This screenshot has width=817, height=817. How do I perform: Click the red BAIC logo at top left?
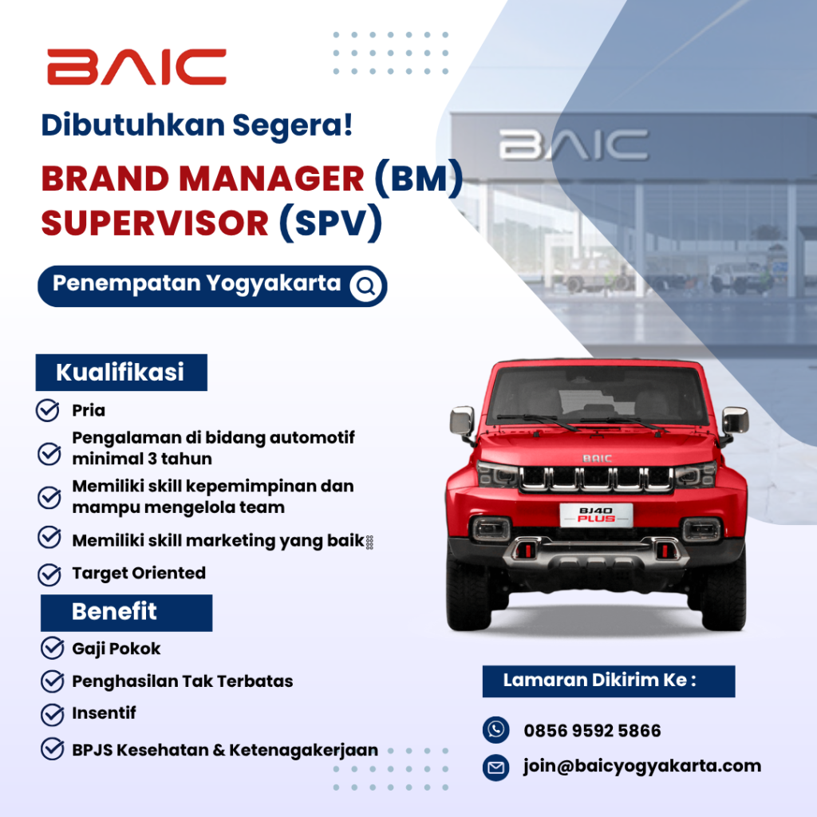(x=136, y=67)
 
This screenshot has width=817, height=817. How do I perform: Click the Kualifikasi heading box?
(x=121, y=372)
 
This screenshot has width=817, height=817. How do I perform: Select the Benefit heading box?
(x=126, y=612)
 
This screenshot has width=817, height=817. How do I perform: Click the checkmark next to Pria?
(x=47, y=411)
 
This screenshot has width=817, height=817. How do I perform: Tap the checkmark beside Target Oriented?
(x=49, y=574)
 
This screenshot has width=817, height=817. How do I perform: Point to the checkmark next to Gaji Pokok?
(x=53, y=648)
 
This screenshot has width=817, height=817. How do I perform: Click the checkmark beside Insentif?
(x=53, y=714)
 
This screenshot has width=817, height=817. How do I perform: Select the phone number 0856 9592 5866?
(x=592, y=731)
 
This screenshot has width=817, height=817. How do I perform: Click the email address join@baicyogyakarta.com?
(x=642, y=767)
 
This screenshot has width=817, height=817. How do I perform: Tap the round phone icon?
(x=495, y=729)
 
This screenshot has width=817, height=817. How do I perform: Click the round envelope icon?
(x=495, y=768)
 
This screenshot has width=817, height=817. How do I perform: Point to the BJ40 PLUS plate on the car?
(x=596, y=515)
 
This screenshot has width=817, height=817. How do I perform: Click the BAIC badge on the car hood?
(x=597, y=459)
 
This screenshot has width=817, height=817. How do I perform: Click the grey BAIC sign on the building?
(x=573, y=145)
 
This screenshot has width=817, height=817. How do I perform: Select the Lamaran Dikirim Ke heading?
(x=609, y=681)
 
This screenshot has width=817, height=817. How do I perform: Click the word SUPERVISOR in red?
(x=155, y=223)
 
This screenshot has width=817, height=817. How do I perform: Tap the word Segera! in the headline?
(x=292, y=125)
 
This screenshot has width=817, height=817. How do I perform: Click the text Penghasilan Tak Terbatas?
(x=183, y=681)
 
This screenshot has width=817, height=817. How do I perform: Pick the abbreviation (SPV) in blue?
(x=331, y=223)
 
